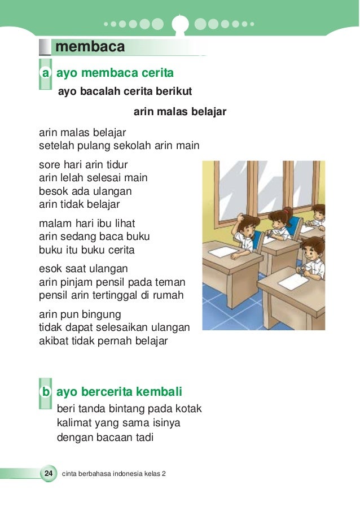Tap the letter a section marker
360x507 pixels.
(x=45, y=73)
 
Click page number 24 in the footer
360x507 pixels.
(x=48, y=473)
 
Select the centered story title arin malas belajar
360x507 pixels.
(x=179, y=112)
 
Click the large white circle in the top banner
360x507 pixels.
(x=180, y=24)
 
